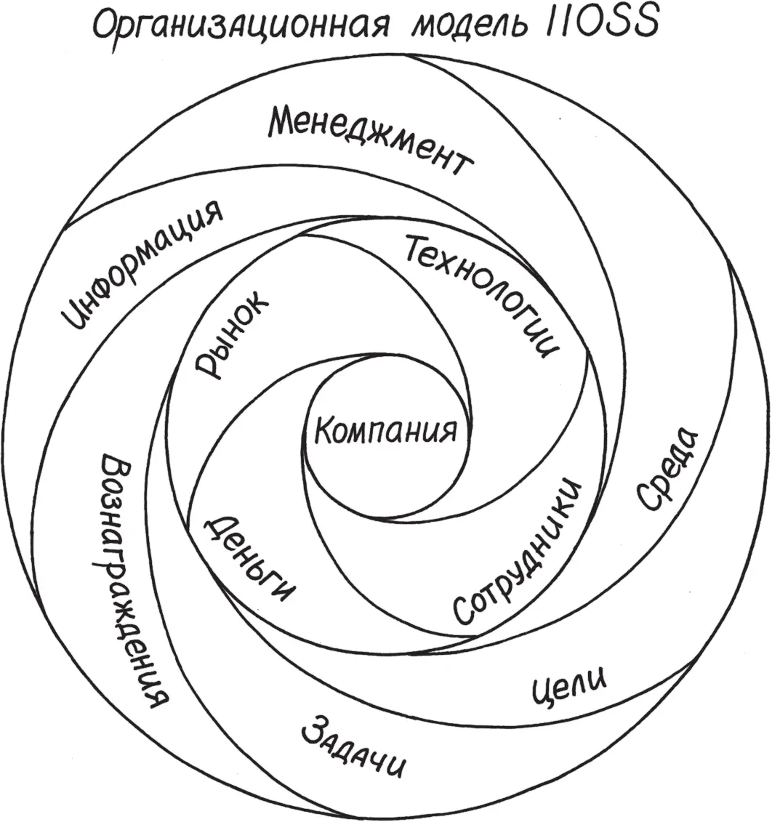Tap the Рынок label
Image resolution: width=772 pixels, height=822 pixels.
tap(230, 335)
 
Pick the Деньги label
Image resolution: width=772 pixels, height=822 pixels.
tap(250, 556)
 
